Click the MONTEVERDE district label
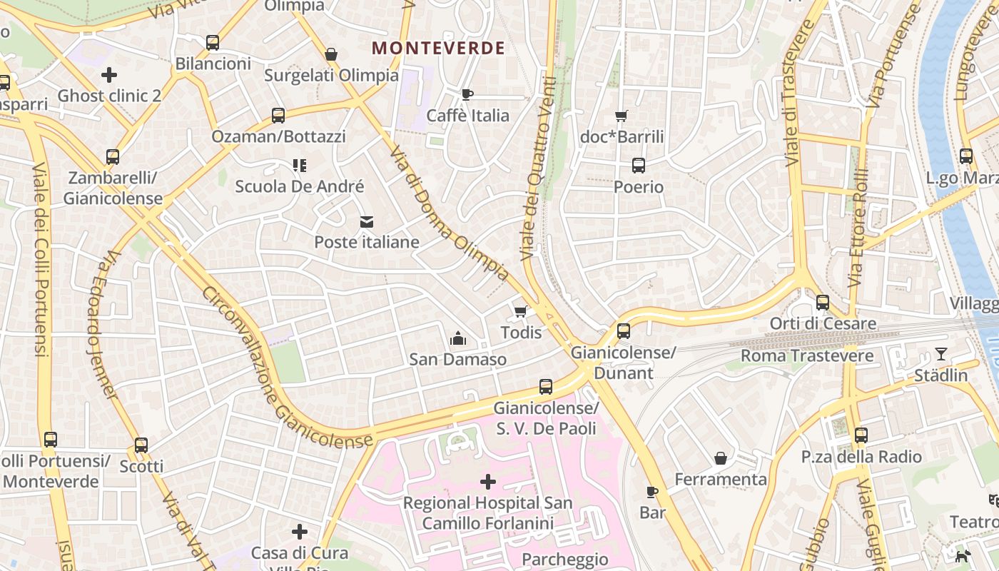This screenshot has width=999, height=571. pos(438,48)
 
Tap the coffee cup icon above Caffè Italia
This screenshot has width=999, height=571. pos(467,94)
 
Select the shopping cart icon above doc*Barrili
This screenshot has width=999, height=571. pos(622,116)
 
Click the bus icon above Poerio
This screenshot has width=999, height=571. pos(639,166)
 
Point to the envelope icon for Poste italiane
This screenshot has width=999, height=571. pos(367,222)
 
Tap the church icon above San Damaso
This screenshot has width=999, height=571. pos(458,338)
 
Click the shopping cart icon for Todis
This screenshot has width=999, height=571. pos(521,311)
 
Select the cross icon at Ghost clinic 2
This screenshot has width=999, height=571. pos(109,74)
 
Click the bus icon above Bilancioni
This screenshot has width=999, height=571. pos(213,43)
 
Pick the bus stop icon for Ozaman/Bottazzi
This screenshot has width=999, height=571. pos(278,116)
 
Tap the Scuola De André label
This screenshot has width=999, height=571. pos(300,186)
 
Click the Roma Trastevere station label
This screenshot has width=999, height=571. pos(807,355)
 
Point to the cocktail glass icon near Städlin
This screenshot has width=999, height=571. pos(941,354)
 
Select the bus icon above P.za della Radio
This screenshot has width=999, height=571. pos(861,435)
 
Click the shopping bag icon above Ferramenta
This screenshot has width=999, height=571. pos(721,458)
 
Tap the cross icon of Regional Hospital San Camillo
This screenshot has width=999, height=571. pos(488,482)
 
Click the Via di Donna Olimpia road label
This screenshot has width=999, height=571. pos(450,214)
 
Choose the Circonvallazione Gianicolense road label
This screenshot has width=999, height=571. pos(285,368)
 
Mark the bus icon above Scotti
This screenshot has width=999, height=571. pos(141,445)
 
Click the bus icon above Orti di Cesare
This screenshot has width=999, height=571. pos(823,303)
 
